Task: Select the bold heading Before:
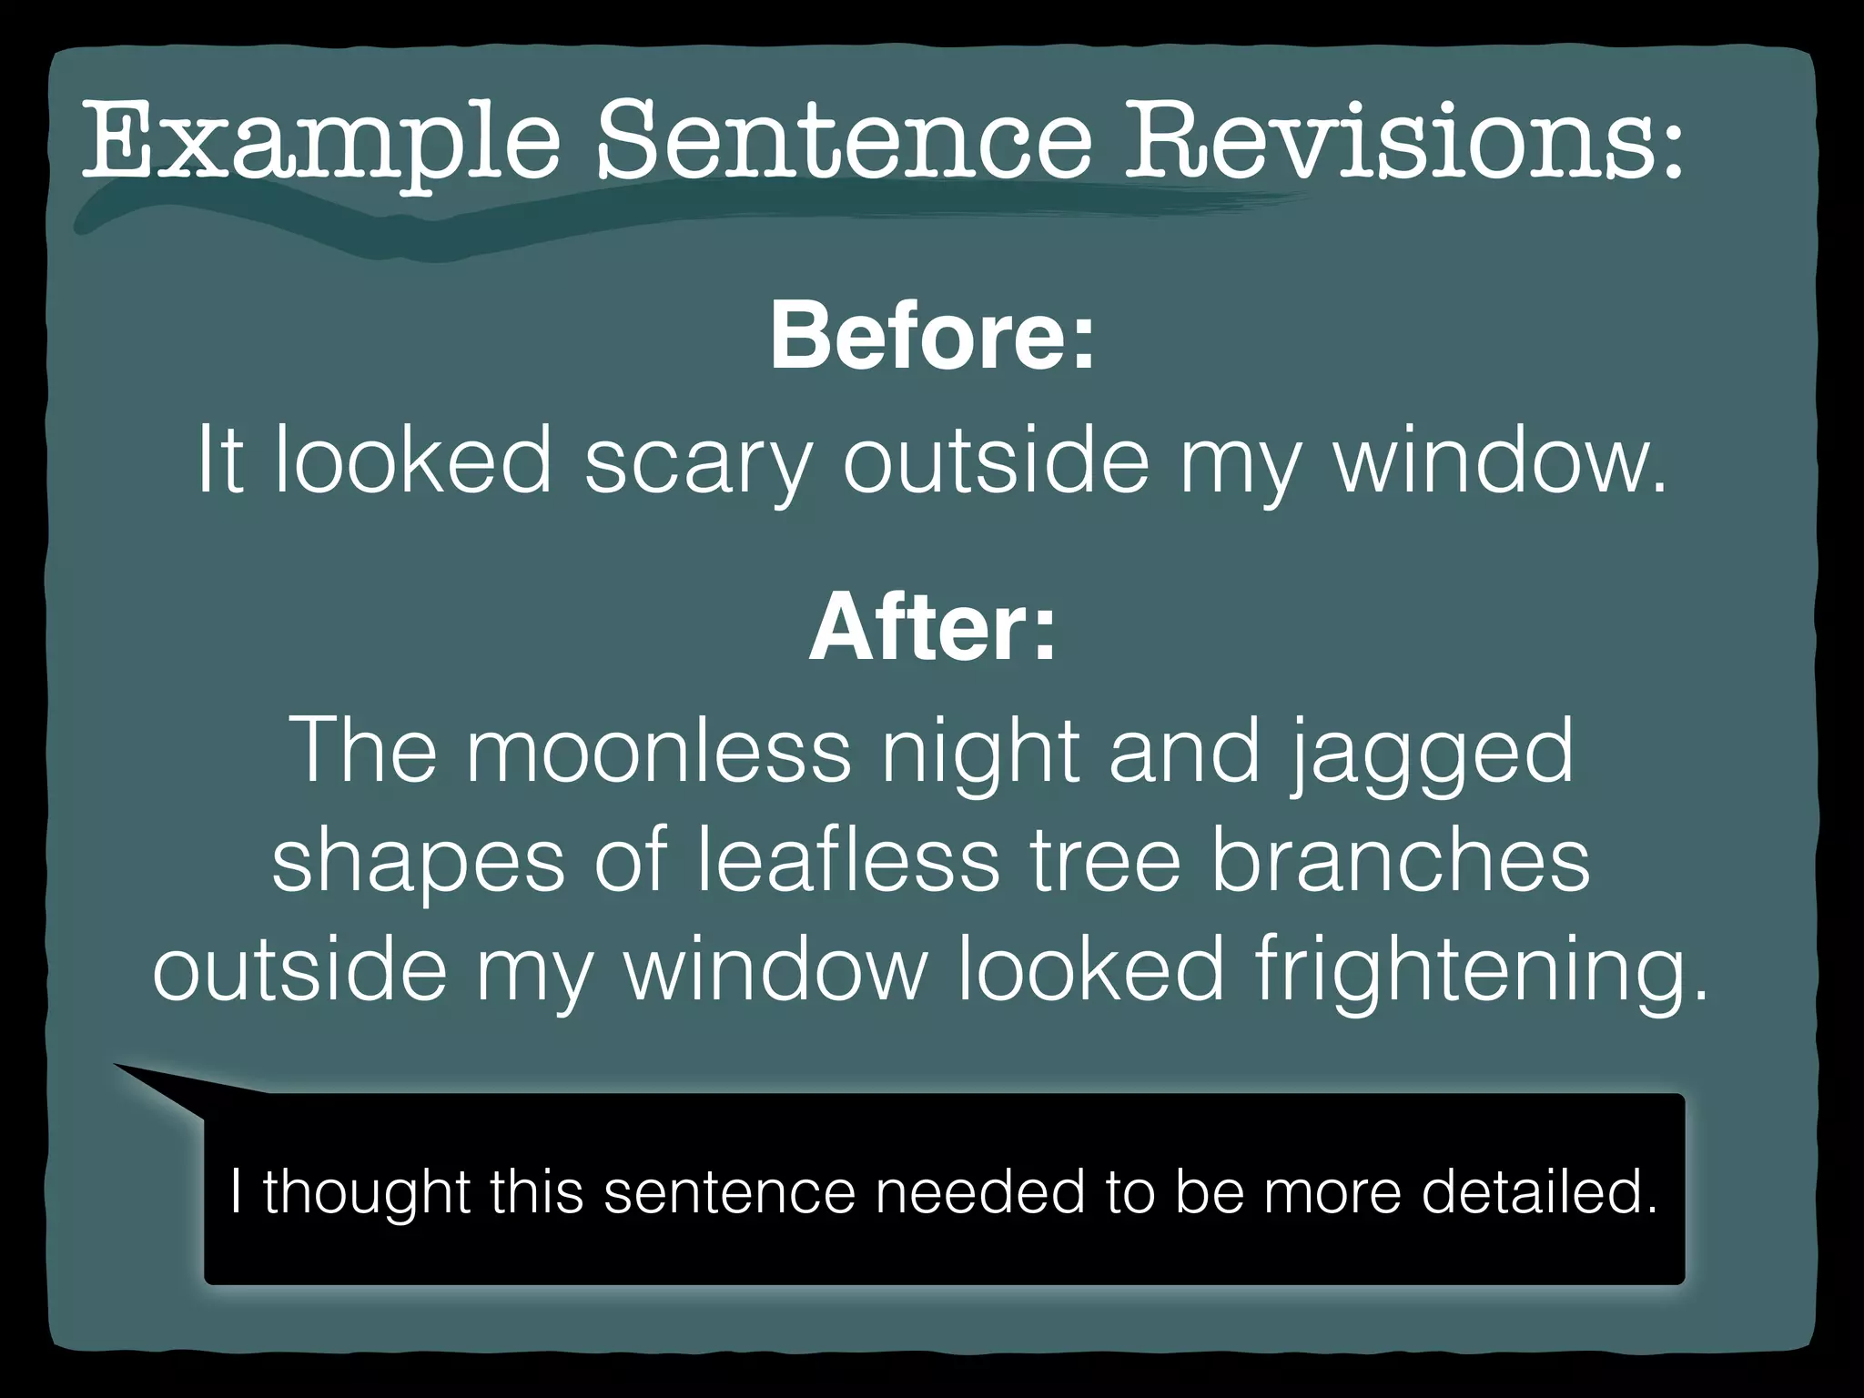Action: click(932, 337)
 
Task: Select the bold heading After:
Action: click(932, 628)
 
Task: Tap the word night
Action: click(979, 752)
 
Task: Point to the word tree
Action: click(1105, 861)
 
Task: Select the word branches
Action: click(1401, 859)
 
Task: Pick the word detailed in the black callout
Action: click(1539, 1191)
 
